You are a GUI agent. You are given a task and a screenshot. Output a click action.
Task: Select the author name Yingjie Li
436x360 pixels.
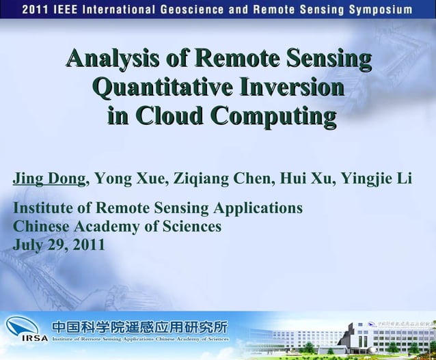pos(376,179)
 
